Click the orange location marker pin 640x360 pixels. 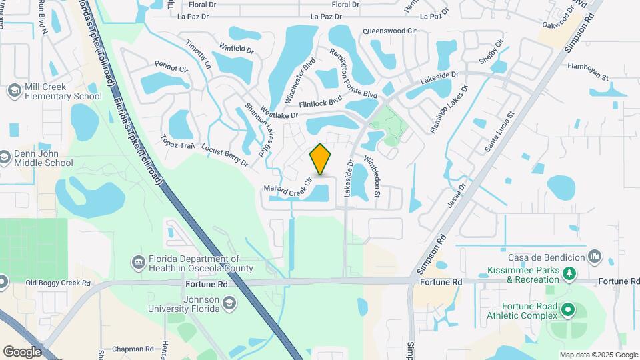pos(321,160)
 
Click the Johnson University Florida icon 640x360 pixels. pos(229,304)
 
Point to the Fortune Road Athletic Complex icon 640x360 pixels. pos(568,309)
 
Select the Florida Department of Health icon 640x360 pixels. pos(139,262)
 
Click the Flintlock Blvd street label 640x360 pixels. pos(320,101)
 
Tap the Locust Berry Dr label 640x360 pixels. pos(225,155)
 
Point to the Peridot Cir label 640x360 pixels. pos(172,67)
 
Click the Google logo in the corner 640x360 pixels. pos(21,351)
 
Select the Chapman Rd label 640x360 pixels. pos(133,349)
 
